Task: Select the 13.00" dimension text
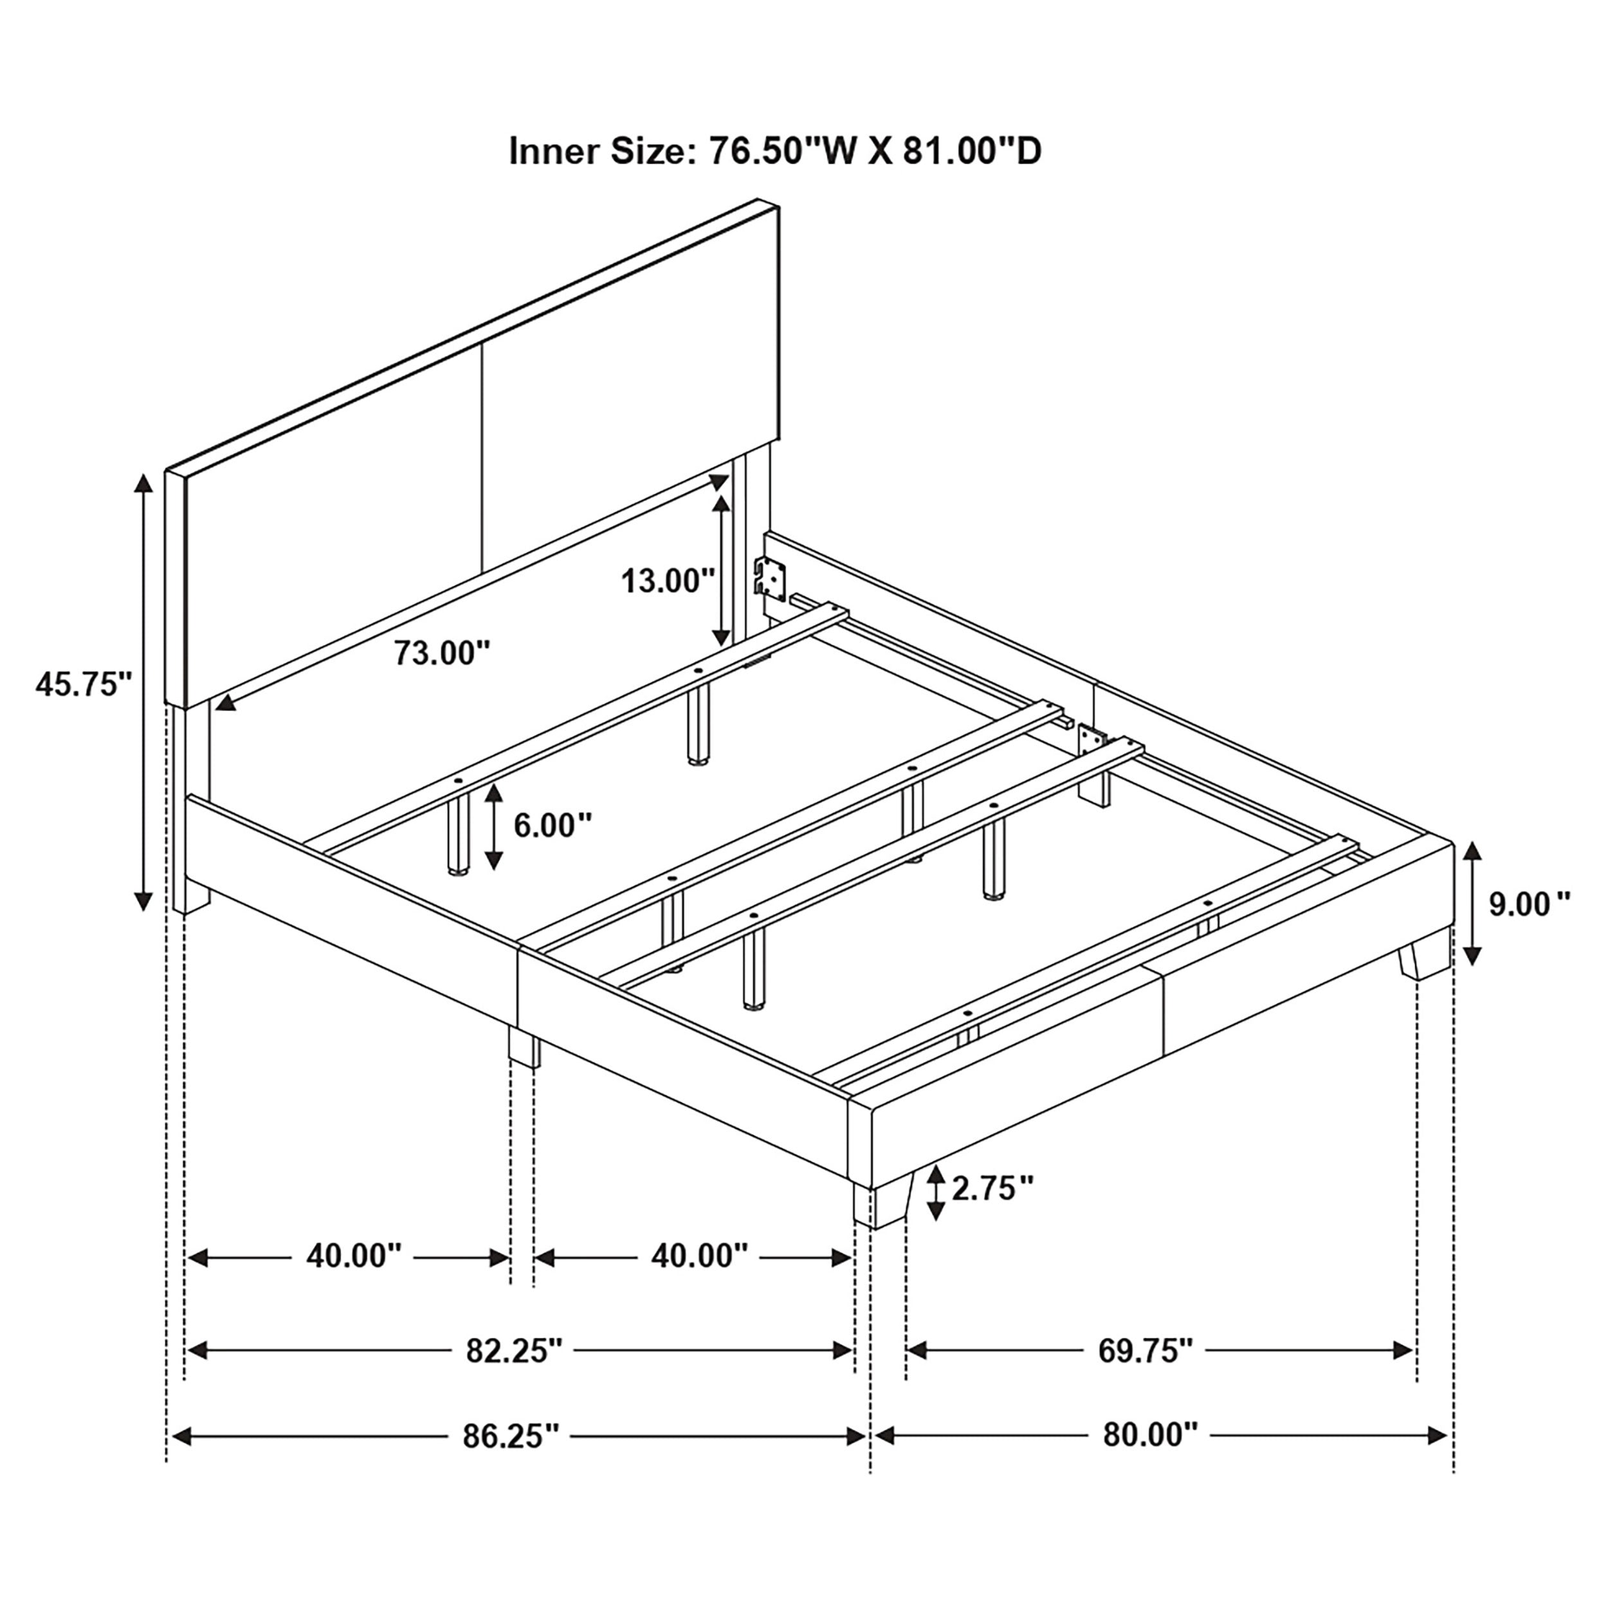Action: point(668,580)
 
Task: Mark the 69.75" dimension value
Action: point(1146,1350)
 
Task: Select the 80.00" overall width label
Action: point(1150,1435)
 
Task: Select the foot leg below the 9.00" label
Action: point(1424,962)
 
